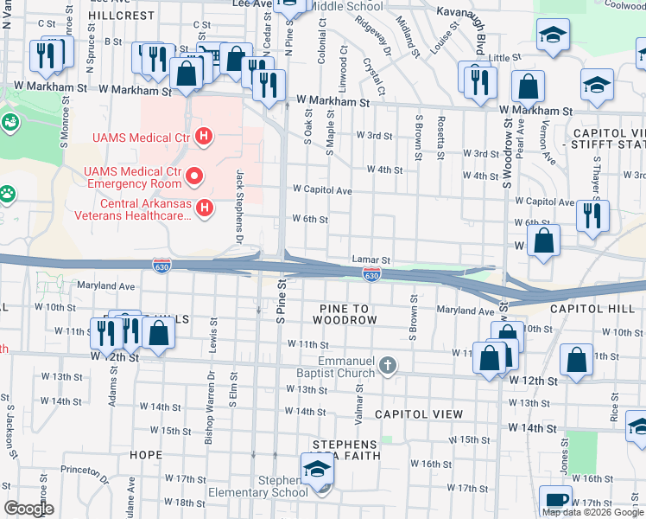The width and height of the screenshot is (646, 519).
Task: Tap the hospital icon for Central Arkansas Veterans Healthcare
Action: (x=205, y=208)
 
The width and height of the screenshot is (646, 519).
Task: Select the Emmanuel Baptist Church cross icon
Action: (x=387, y=366)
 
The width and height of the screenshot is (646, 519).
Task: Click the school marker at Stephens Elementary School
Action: (x=317, y=471)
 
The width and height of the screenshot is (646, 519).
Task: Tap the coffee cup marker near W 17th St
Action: (x=555, y=501)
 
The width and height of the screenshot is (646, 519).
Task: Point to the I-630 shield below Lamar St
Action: (x=371, y=274)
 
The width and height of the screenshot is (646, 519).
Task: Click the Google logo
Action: (x=28, y=509)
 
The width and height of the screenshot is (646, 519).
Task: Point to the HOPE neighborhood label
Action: (x=145, y=454)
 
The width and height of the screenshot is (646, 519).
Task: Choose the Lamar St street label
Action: (x=371, y=259)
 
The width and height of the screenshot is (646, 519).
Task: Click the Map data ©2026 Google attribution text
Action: (x=592, y=512)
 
